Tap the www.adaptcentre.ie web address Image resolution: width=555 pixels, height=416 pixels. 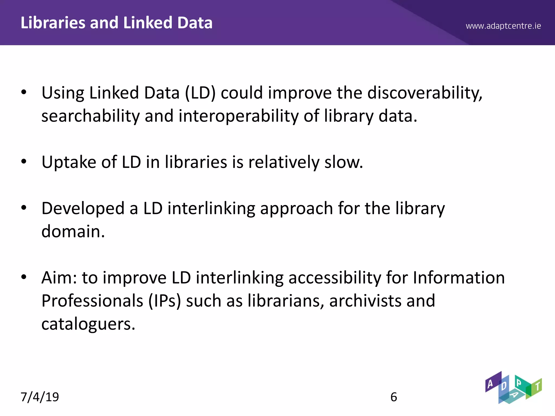coord(503,26)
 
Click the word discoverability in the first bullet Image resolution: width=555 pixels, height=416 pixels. coord(425,93)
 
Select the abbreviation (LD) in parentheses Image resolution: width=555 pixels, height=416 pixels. coord(200,93)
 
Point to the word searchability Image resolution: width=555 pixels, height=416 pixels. coord(90,116)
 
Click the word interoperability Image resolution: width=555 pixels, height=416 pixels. coord(238,116)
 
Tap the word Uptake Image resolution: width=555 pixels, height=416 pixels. coord(69,162)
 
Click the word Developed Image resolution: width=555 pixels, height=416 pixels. coord(83,209)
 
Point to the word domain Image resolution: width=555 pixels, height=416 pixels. coord(73,232)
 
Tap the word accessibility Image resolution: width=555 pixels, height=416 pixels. coord(335,278)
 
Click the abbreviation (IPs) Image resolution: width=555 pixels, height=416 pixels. coord(164,301)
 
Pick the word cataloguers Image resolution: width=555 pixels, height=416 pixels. coord(88,324)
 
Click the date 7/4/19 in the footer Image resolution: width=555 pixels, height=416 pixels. coord(40,397)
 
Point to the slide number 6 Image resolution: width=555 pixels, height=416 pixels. coord(394,397)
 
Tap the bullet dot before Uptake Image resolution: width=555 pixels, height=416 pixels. coord(24,162)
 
